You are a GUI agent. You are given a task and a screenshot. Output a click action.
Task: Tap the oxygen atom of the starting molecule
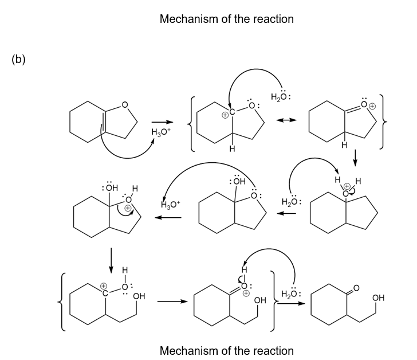pyautogui.click(x=125, y=105)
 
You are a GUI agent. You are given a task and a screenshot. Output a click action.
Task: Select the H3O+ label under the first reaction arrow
pyautogui.click(x=160, y=132)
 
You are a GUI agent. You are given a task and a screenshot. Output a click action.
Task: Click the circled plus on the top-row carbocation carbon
pyautogui.click(x=225, y=115)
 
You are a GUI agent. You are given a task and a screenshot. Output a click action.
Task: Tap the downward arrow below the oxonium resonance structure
pyautogui.click(x=355, y=156)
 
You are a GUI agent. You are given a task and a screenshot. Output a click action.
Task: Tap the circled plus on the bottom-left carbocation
pyautogui.click(x=104, y=285)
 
